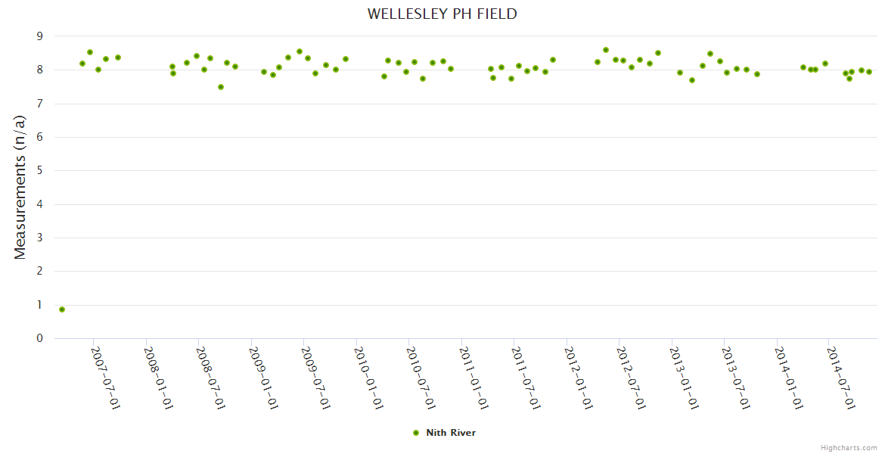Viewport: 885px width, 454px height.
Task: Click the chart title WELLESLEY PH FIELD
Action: coord(442,14)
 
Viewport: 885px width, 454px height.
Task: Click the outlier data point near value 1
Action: coord(62,309)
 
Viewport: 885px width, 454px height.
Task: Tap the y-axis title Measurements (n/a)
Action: coord(20,187)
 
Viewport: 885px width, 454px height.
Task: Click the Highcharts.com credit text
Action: coord(849,447)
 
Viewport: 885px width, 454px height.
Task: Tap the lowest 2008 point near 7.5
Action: coord(221,87)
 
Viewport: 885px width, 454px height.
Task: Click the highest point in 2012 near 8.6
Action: coord(606,50)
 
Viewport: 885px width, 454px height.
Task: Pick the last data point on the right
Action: coord(869,72)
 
